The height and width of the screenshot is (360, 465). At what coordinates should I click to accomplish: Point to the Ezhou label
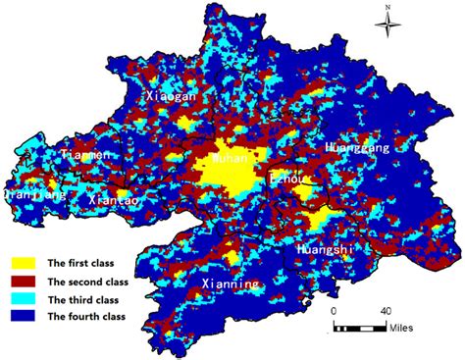point(288,180)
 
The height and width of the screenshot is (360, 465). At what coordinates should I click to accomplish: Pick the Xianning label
point(231,283)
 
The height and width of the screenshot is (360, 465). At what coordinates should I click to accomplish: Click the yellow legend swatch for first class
point(26,263)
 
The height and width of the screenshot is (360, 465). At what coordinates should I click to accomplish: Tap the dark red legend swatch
point(26,281)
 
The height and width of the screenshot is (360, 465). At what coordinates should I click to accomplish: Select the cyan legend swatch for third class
point(26,298)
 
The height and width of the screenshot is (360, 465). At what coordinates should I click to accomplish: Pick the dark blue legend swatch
point(26,316)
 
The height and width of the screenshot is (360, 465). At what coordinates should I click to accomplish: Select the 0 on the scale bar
point(333,311)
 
